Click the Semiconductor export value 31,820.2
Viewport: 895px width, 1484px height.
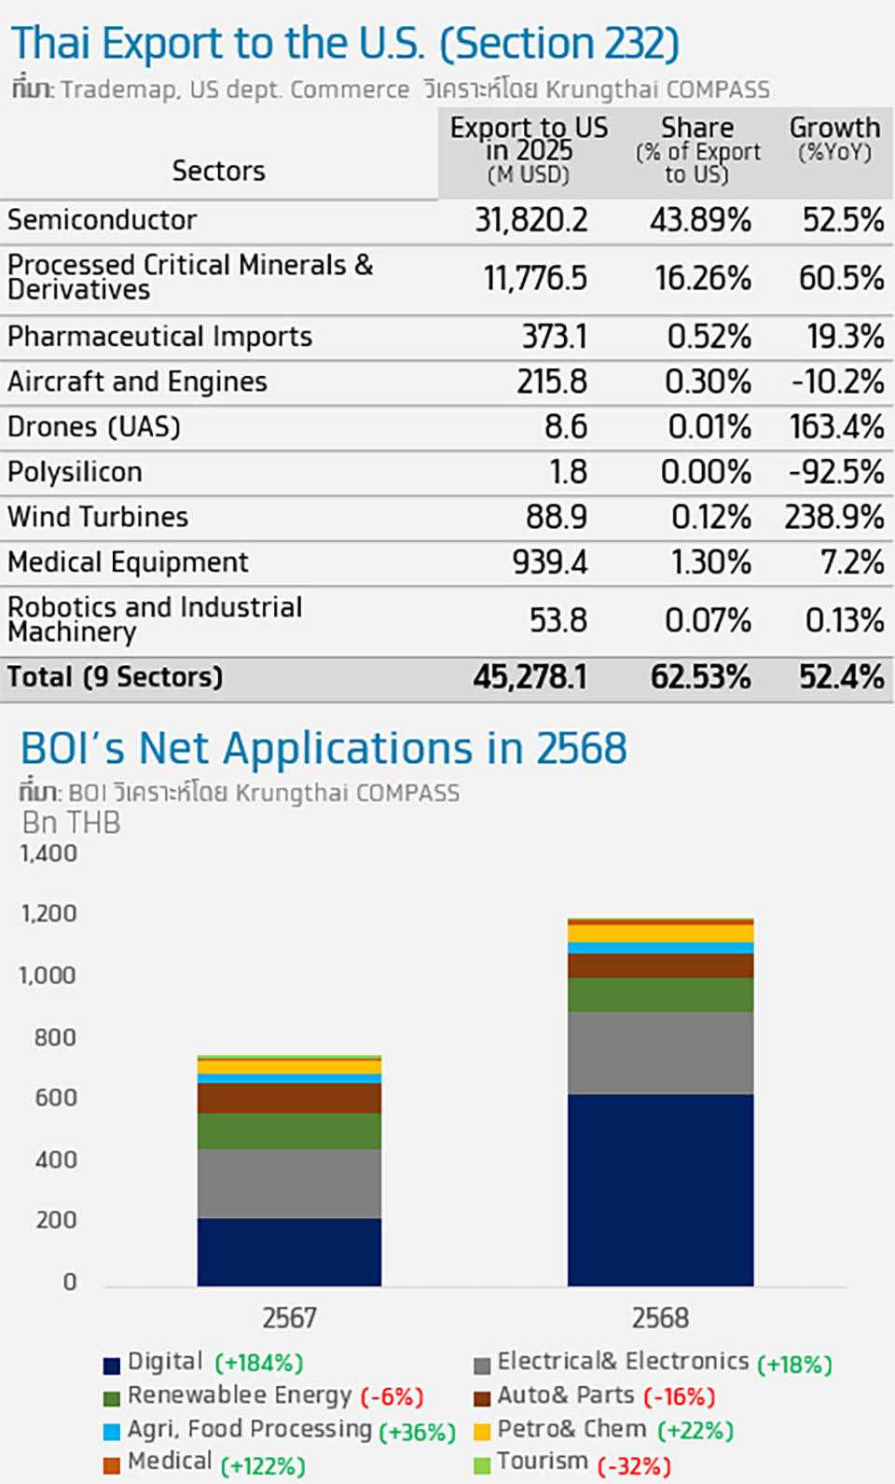click(531, 220)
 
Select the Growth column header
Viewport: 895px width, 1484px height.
click(834, 138)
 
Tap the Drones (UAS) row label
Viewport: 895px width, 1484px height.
click(94, 427)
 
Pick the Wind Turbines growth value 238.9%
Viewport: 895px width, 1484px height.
click(833, 517)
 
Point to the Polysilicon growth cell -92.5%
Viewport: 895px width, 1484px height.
click(835, 472)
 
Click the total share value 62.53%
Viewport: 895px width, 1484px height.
click(700, 677)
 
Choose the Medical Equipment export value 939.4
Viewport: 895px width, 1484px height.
click(549, 562)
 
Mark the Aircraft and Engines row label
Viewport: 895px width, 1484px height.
click(137, 381)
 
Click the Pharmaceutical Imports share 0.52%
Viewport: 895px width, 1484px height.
click(709, 337)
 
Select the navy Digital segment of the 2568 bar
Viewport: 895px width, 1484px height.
click(660, 1189)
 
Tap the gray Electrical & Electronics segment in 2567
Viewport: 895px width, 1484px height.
click(289, 1183)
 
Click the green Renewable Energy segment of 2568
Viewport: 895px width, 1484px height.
click(660, 994)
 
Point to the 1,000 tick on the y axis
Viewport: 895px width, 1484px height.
click(48, 976)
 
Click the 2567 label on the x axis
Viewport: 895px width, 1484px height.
click(289, 1318)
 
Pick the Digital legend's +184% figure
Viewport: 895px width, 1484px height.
click(259, 1364)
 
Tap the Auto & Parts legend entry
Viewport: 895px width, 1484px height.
click(565, 1395)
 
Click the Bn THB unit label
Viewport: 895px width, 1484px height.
click(71, 823)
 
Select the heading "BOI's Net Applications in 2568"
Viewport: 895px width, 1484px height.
click(324, 748)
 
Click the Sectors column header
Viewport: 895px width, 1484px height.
click(218, 171)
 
